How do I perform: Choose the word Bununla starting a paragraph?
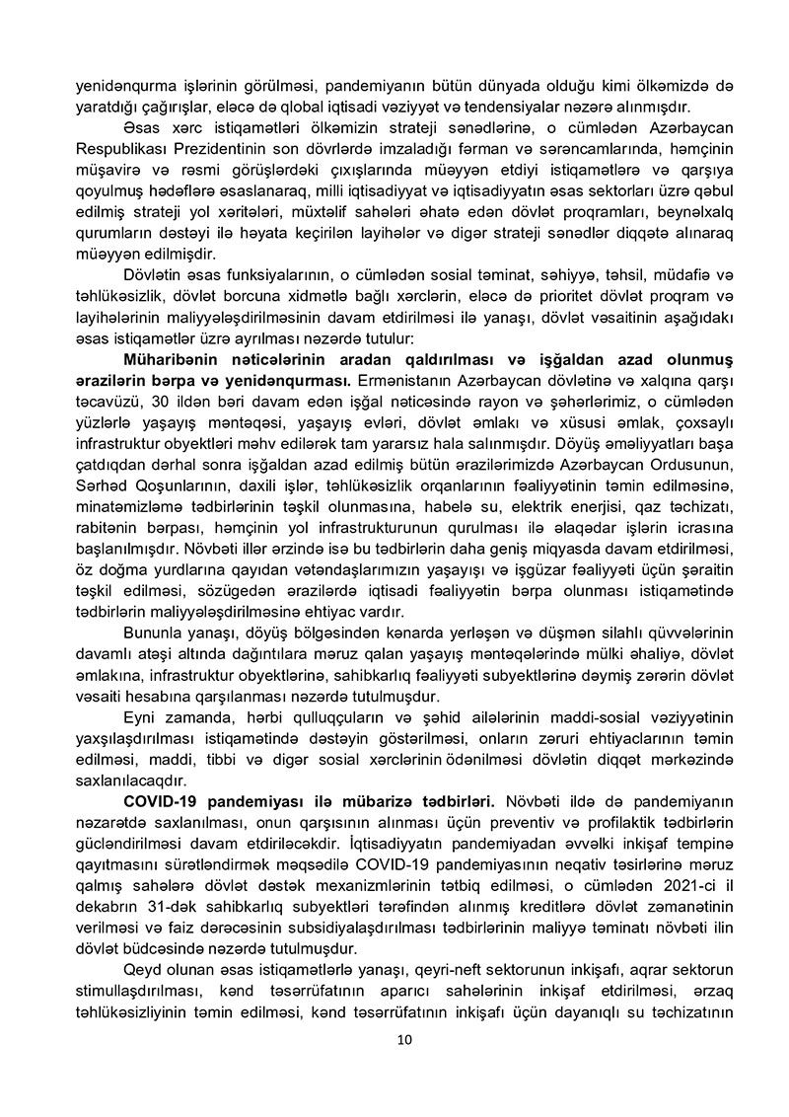pyautogui.click(x=155, y=633)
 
